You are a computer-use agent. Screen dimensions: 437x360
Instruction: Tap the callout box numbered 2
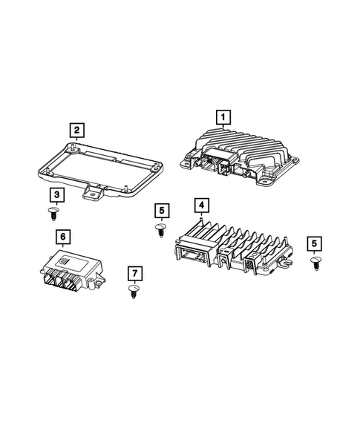pyautogui.click(x=76, y=131)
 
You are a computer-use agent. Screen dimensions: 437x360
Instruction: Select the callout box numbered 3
pyautogui.click(x=57, y=195)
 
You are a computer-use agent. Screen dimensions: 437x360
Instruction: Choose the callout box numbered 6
pyautogui.click(x=63, y=236)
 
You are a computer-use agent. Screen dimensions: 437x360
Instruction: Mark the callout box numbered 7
pyautogui.click(x=134, y=272)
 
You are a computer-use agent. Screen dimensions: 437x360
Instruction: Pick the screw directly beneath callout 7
pyautogui.click(x=134, y=290)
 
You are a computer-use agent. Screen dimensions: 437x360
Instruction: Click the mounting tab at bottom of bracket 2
pyautogui.click(x=94, y=194)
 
